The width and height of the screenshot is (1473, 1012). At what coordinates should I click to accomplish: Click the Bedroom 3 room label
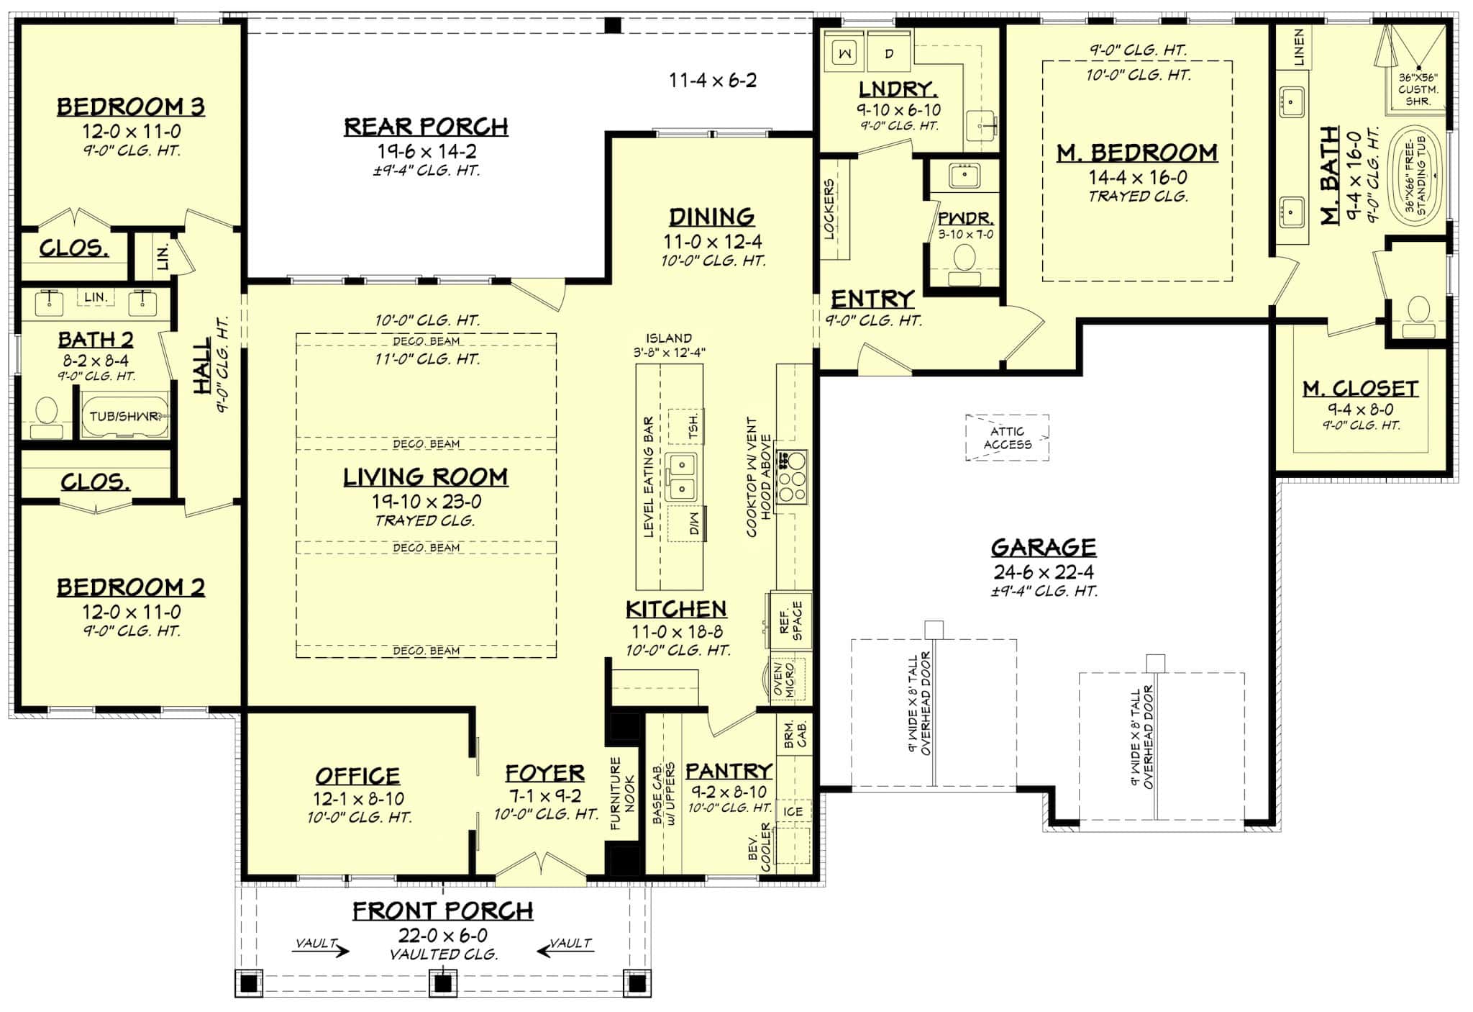tap(131, 107)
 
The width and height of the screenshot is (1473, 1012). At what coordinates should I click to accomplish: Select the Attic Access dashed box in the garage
tap(1007, 438)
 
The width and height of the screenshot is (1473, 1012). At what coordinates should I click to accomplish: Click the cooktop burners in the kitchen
tap(792, 476)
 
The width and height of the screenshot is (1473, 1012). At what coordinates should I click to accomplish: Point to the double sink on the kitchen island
tap(680, 476)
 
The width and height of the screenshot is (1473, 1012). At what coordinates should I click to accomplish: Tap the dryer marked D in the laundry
tap(889, 53)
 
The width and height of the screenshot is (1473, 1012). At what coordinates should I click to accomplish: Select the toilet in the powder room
tap(964, 260)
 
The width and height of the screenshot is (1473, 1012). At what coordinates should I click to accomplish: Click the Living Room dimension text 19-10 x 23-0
tap(427, 502)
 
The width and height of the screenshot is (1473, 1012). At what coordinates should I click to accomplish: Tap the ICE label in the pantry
tap(793, 811)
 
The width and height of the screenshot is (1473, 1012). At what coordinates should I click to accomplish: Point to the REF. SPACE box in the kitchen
tap(790, 620)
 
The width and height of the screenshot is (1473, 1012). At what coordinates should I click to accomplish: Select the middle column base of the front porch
tap(443, 982)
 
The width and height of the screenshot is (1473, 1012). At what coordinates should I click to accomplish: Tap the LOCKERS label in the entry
tap(829, 209)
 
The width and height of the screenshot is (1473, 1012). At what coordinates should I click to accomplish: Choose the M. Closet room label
tap(1360, 389)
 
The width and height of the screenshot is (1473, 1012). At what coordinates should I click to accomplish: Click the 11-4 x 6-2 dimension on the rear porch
tap(713, 80)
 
